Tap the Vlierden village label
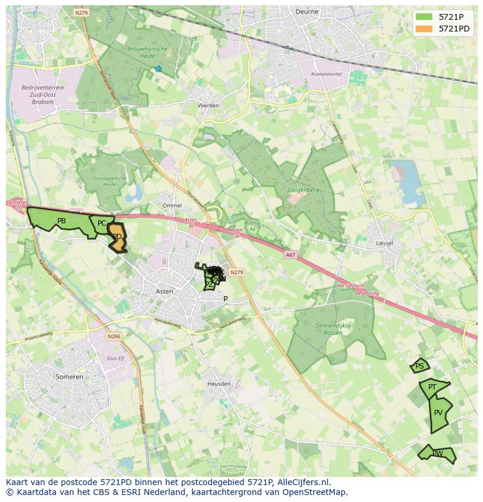click(208, 106)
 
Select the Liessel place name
click(384, 243)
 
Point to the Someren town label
click(69, 377)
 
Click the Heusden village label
click(219, 384)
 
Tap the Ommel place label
click(172, 205)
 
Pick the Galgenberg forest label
click(303, 189)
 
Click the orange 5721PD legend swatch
click(424, 29)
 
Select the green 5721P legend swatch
click(424, 17)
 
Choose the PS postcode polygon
click(419, 366)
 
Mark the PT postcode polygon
click(432, 387)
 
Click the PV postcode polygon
click(439, 413)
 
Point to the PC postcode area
click(101, 223)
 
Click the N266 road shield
click(114, 336)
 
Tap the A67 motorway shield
click(290, 255)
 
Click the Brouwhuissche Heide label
click(148, 53)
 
